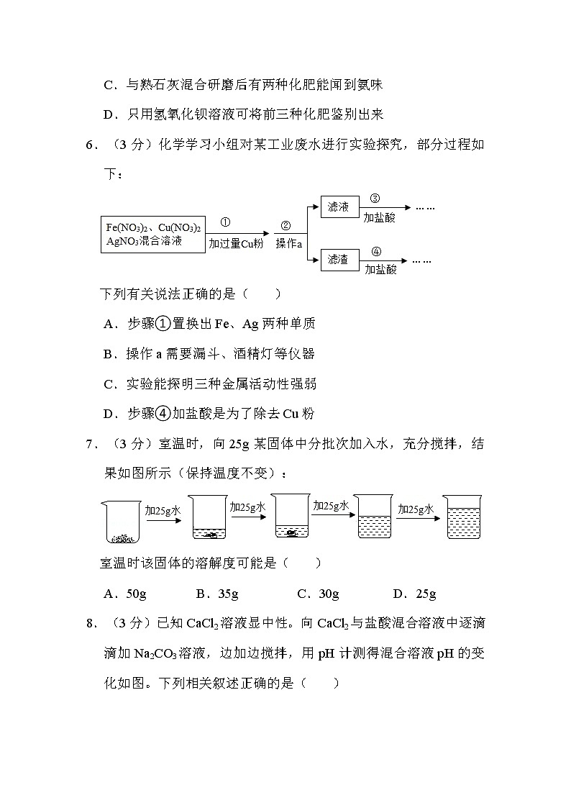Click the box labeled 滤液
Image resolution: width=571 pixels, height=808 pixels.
click(338, 207)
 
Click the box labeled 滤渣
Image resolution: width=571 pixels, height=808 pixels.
click(338, 259)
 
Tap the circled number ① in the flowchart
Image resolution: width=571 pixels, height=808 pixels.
click(225, 223)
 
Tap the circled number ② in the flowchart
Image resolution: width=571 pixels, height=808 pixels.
click(285, 225)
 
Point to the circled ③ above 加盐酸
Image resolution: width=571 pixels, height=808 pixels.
click(375, 199)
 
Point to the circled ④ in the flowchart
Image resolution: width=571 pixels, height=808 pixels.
click(376, 252)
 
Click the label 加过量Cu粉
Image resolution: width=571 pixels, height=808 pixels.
click(236, 244)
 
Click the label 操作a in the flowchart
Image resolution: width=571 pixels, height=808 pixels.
click(289, 244)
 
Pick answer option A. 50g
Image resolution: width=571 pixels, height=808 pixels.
click(127, 594)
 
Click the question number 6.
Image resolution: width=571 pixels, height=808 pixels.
click(90, 145)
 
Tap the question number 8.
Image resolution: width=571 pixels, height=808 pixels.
click(90, 624)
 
